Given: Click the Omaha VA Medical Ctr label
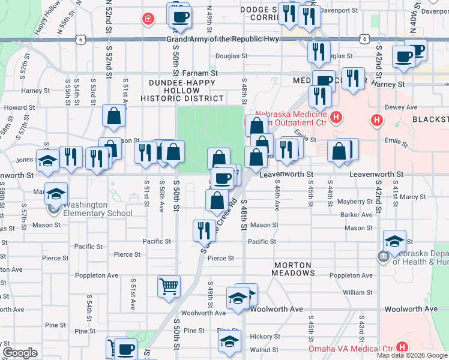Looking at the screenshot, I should (351, 348).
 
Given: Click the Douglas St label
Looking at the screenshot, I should (231, 56).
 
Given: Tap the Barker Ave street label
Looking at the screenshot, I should (356, 215).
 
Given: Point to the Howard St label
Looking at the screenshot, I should (15, 108).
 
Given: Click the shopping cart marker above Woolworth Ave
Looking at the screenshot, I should (169, 286).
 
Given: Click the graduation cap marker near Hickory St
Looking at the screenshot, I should (228, 342).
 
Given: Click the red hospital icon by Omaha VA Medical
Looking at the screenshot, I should (402, 347).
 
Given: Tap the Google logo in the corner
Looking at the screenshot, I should (20, 353).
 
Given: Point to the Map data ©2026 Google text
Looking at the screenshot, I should (412, 355).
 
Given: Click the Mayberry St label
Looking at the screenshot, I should (355, 202).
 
